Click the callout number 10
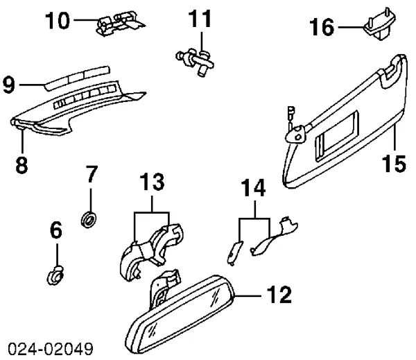pyautogui.click(x=58, y=21)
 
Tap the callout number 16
pyautogui.click(x=322, y=28)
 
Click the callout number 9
pyautogui.click(x=9, y=85)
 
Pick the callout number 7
pyautogui.click(x=90, y=175)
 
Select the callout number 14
pyautogui.click(x=253, y=188)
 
